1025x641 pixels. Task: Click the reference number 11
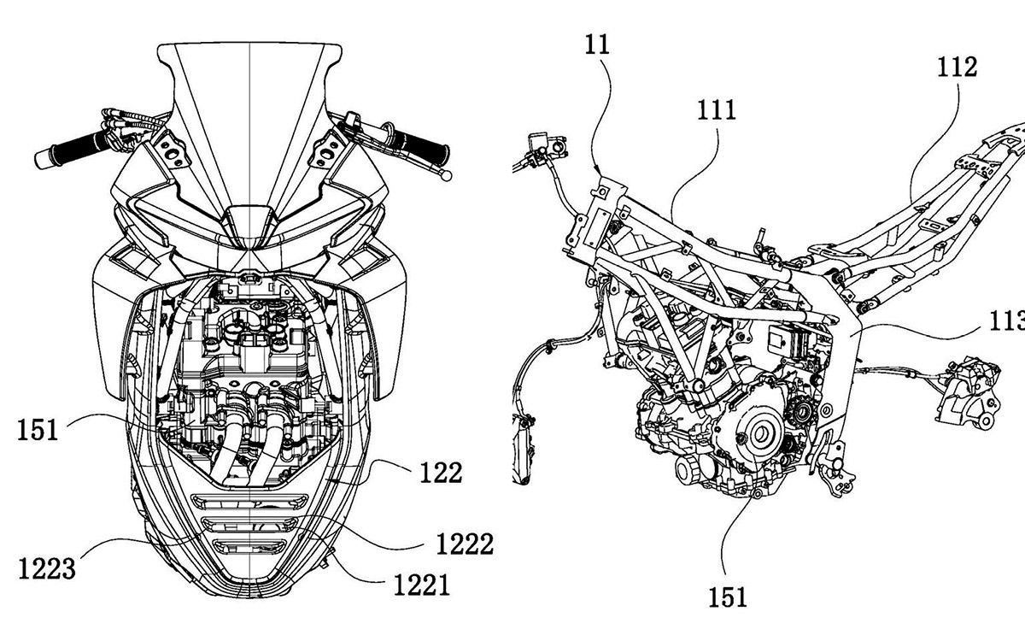[x=598, y=45]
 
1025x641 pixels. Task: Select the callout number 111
[x=717, y=110]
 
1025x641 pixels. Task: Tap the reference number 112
[x=958, y=68]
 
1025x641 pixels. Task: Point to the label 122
[x=441, y=473]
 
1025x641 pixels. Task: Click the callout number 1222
[x=465, y=544]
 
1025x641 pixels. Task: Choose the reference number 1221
[x=422, y=585]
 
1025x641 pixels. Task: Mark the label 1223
[x=47, y=568]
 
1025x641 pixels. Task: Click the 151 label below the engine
[x=728, y=597]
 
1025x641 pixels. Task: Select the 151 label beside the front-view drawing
[x=38, y=431]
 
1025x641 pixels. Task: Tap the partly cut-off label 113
[x=1007, y=321]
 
